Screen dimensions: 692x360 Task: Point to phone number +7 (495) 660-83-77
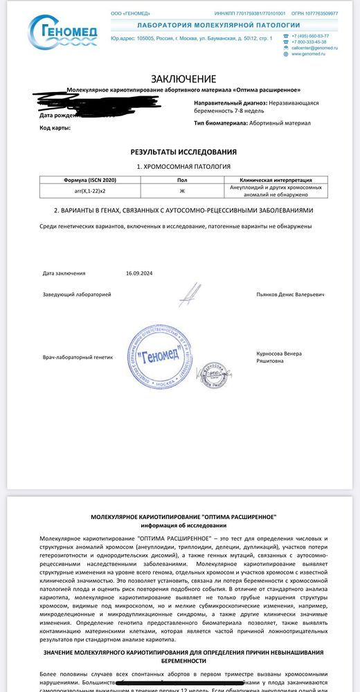(310, 35)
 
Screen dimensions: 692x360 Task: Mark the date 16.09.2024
(139, 273)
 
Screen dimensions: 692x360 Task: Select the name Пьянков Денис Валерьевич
(289, 295)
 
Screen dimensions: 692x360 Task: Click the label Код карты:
(55, 128)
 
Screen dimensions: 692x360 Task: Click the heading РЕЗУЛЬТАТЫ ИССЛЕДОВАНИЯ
(183, 152)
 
